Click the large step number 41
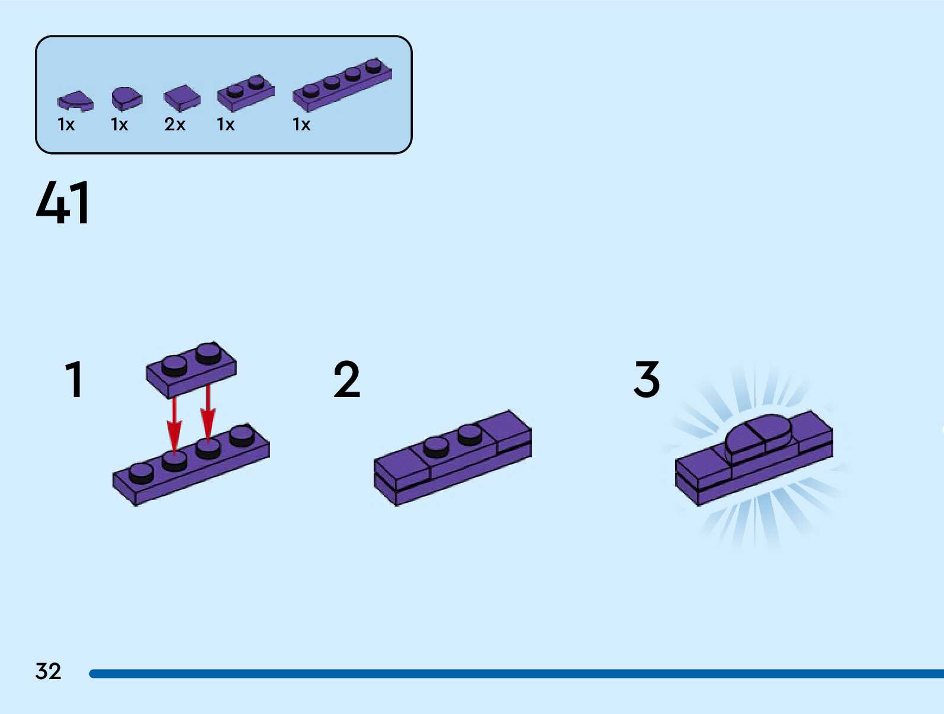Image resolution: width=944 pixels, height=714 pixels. [x=63, y=203]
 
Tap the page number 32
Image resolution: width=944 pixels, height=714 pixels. [x=48, y=671]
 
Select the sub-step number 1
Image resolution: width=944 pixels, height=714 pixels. [x=73, y=379]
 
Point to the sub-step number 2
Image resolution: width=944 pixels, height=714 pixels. [x=346, y=379]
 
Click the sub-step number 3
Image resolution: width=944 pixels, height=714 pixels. [x=646, y=379]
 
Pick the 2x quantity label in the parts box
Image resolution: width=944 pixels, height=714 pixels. [x=175, y=124]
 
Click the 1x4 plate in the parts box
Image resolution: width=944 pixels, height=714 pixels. [x=342, y=85]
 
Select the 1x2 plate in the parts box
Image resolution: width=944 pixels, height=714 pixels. [x=246, y=92]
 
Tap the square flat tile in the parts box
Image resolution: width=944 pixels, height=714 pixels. [x=182, y=98]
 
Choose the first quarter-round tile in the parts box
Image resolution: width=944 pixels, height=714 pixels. [x=75, y=101]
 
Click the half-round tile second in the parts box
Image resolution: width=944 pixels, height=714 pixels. [x=126, y=98]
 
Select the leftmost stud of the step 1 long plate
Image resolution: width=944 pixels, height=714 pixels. [x=141, y=472]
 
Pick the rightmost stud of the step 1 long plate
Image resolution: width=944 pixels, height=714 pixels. [x=242, y=435]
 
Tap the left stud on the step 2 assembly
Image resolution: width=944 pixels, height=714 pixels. [x=436, y=446]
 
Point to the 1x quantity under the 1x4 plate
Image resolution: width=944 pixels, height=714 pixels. [x=301, y=124]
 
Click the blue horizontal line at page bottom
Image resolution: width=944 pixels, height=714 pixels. [x=515, y=674]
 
